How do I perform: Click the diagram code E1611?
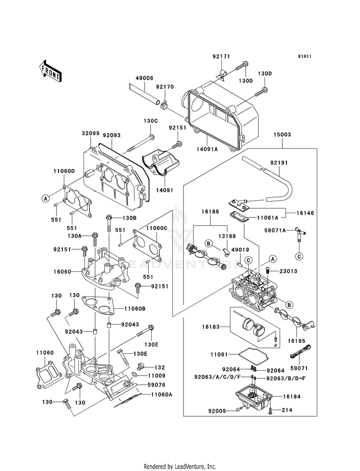(x=304, y=57)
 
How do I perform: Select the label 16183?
(x=211, y=326)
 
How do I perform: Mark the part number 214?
(x=287, y=411)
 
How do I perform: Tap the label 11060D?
(x=64, y=171)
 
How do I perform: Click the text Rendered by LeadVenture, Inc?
(x=180, y=466)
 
